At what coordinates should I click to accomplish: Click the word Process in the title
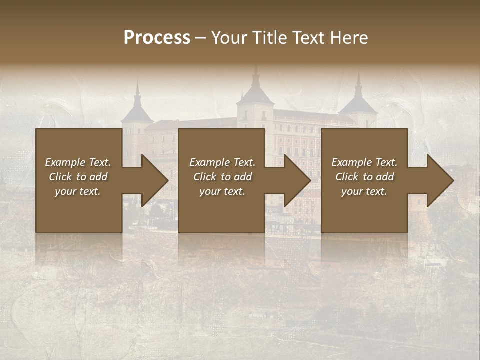157,38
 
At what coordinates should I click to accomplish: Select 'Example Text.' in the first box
78,162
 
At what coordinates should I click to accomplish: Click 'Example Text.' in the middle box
222,162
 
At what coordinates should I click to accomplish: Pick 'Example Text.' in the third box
364,162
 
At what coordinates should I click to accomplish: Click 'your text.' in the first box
78,191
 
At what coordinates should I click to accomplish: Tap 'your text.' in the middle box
222,191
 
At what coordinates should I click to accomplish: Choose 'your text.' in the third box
364,191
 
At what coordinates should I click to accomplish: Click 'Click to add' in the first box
78,177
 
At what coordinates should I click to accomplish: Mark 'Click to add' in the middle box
222,177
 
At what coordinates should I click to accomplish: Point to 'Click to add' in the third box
364,177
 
